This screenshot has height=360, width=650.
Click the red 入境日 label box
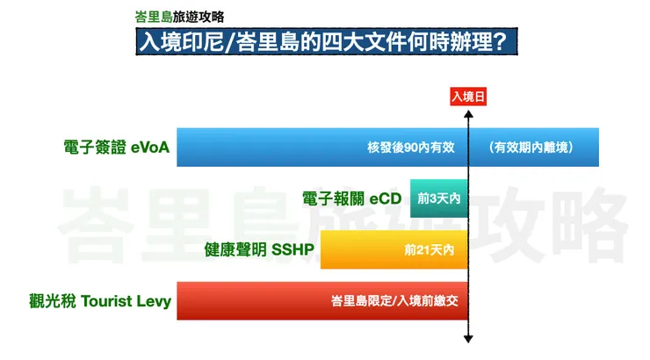pyautogui.click(x=467, y=99)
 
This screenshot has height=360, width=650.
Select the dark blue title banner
pyautogui.click(x=326, y=42)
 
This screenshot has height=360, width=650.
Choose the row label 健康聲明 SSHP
pyautogui.click(x=259, y=250)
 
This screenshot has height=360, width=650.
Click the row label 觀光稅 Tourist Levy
pyautogui.click(x=100, y=302)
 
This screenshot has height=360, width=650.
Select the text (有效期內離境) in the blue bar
pyautogui.click(x=533, y=148)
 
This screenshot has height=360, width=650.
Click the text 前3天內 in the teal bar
pyautogui.click(x=439, y=199)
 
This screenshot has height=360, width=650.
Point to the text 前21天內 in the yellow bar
pyautogui.click(x=429, y=250)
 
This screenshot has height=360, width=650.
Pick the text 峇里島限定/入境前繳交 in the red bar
pyautogui.click(x=394, y=302)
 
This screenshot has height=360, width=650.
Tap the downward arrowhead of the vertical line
pyautogui.click(x=469, y=339)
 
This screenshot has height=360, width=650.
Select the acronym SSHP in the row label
pyautogui.click(x=292, y=250)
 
